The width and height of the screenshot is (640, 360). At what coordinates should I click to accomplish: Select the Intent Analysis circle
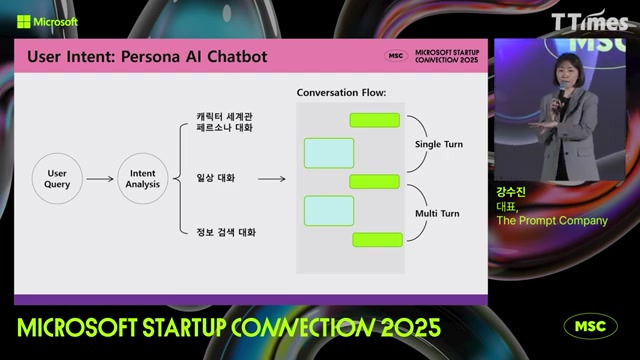(143, 179)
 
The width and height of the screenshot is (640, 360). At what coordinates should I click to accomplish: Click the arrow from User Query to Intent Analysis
(100, 179)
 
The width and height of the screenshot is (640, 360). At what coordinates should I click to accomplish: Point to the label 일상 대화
(216, 179)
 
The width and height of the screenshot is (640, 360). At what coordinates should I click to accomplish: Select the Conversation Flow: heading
(341, 93)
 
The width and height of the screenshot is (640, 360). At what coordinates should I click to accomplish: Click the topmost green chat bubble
(374, 120)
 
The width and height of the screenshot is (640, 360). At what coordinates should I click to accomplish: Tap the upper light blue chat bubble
(329, 152)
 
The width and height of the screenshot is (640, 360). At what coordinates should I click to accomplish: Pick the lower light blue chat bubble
(329, 210)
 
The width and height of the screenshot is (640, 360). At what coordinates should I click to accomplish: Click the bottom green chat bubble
(377, 239)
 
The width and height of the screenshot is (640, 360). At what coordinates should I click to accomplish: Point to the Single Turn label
(439, 145)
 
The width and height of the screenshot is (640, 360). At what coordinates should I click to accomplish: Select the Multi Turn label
(437, 213)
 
